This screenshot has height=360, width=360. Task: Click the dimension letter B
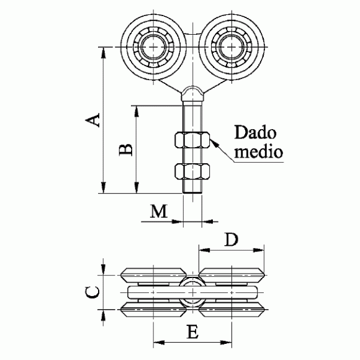(126, 150)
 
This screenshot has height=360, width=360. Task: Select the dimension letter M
(159, 211)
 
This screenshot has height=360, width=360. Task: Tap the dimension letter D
(231, 239)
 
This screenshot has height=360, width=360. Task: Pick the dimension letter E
(192, 331)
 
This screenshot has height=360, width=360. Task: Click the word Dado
(255, 132)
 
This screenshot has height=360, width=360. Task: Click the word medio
(259, 151)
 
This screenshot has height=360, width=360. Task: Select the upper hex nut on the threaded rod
(192, 140)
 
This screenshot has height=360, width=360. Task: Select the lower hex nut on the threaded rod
(192, 171)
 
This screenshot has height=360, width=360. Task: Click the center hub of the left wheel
(153, 47)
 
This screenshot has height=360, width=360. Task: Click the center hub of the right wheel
(232, 47)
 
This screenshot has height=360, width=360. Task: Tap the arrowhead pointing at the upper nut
(214, 143)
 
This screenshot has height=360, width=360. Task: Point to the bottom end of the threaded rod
(192, 192)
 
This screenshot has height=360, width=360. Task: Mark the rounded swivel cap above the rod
(192, 93)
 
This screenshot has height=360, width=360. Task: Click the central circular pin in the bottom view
(192, 292)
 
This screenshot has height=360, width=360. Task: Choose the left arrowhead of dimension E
(158, 343)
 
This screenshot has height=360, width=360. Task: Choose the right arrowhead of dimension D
(259, 250)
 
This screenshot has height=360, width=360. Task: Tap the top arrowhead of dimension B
(137, 111)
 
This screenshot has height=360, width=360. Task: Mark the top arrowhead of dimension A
(104, 53)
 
